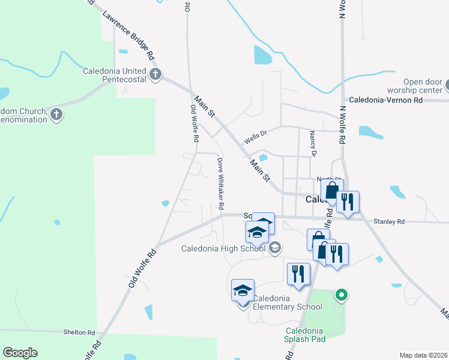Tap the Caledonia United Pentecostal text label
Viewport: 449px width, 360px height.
click(115, 75)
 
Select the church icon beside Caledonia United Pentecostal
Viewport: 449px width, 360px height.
click(155, 75)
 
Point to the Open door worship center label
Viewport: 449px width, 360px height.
click(412, 86)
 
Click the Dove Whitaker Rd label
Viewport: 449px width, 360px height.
click(220, 184)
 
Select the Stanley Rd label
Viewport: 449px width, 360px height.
click(389, 222)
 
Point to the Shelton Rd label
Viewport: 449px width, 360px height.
click(79, 332)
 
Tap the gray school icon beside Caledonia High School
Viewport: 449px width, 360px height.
click(276, 247)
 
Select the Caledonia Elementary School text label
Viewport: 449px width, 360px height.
click(287, 302)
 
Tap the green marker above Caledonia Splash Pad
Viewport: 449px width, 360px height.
click(342, 295)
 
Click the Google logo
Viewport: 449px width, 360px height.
click(20, 353)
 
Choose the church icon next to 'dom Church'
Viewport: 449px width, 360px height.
click(56, 115)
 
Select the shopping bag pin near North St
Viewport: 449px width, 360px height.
click(331, 191)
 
